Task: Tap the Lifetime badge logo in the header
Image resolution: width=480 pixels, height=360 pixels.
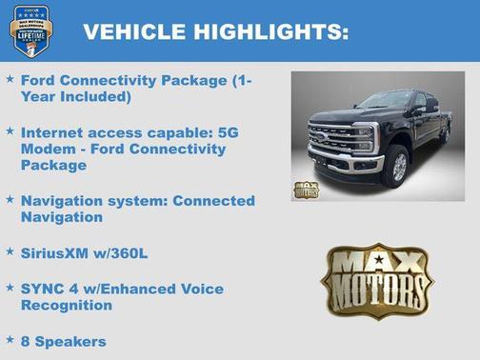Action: pos(30,30)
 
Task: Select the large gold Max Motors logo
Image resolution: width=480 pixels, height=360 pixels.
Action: pos(376,281)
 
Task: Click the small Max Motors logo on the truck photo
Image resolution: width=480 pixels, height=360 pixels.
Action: pos(307,189)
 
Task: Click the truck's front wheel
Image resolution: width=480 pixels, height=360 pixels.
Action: pos(395,167)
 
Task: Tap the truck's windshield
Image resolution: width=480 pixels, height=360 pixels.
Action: pos(386,99)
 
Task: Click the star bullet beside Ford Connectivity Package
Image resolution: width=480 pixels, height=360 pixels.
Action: pos(10,80)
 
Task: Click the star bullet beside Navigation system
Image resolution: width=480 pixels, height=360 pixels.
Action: pos(10,200)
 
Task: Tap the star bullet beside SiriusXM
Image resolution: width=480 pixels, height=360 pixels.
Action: pos(10,252)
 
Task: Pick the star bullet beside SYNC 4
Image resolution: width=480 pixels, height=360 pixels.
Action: pos(10,287)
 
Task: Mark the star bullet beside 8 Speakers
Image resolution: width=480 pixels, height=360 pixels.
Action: pos(10,339)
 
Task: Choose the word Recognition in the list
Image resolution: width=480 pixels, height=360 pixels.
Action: pos(67,306)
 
